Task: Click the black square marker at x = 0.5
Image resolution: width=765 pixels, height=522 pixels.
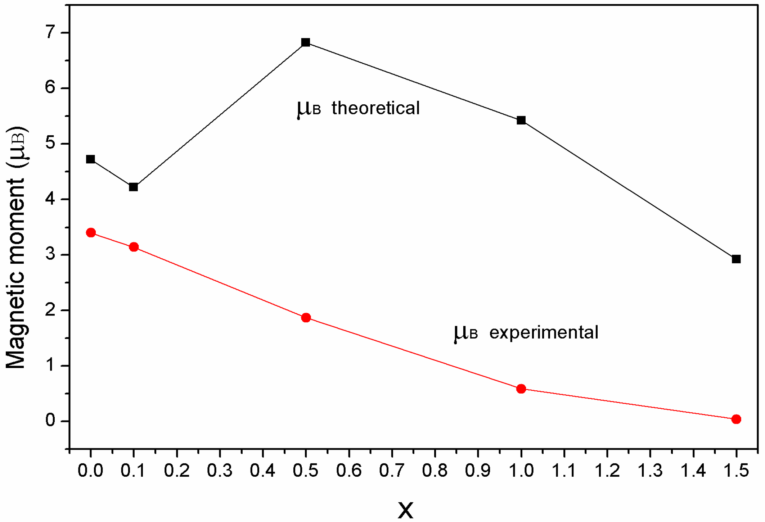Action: (x=306, y=42)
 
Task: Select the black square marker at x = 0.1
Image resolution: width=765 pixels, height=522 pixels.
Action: (x=133, y=187)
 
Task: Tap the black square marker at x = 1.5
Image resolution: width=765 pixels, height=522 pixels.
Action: (x=736, y=259)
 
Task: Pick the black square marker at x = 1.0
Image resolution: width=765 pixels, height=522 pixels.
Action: (x=521, y=120)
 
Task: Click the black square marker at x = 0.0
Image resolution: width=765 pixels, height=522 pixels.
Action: (x=91, y=159)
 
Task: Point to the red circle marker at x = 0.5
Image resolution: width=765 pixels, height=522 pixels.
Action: (x=306, y=318)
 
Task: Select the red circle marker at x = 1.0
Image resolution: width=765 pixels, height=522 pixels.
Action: (x=521, y=389)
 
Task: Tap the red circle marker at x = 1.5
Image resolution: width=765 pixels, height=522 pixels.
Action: (x=736, y=419)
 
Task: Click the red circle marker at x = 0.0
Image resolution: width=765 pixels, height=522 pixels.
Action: (x=91, y=233)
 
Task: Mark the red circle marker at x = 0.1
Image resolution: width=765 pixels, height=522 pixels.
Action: (x=134, y=247)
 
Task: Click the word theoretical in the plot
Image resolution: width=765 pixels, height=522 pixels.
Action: (x=375, y=108)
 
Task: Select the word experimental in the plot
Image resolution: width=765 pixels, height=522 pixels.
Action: (x=544, y=332)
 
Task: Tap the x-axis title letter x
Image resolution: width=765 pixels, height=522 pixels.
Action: (x=406, y=509)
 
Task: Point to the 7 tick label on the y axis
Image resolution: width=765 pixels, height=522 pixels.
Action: (x=50, y=33)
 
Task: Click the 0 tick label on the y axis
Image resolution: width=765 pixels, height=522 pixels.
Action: (x=50, y=420)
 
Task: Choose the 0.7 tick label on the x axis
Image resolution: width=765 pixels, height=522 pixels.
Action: (x=392, y=471)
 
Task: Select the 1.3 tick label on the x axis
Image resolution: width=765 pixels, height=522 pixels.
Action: (x=650, y=471)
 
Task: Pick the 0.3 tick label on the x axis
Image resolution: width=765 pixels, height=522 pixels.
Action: (x=220, y=471)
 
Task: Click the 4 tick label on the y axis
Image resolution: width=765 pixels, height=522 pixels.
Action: (x=50, y=199)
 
